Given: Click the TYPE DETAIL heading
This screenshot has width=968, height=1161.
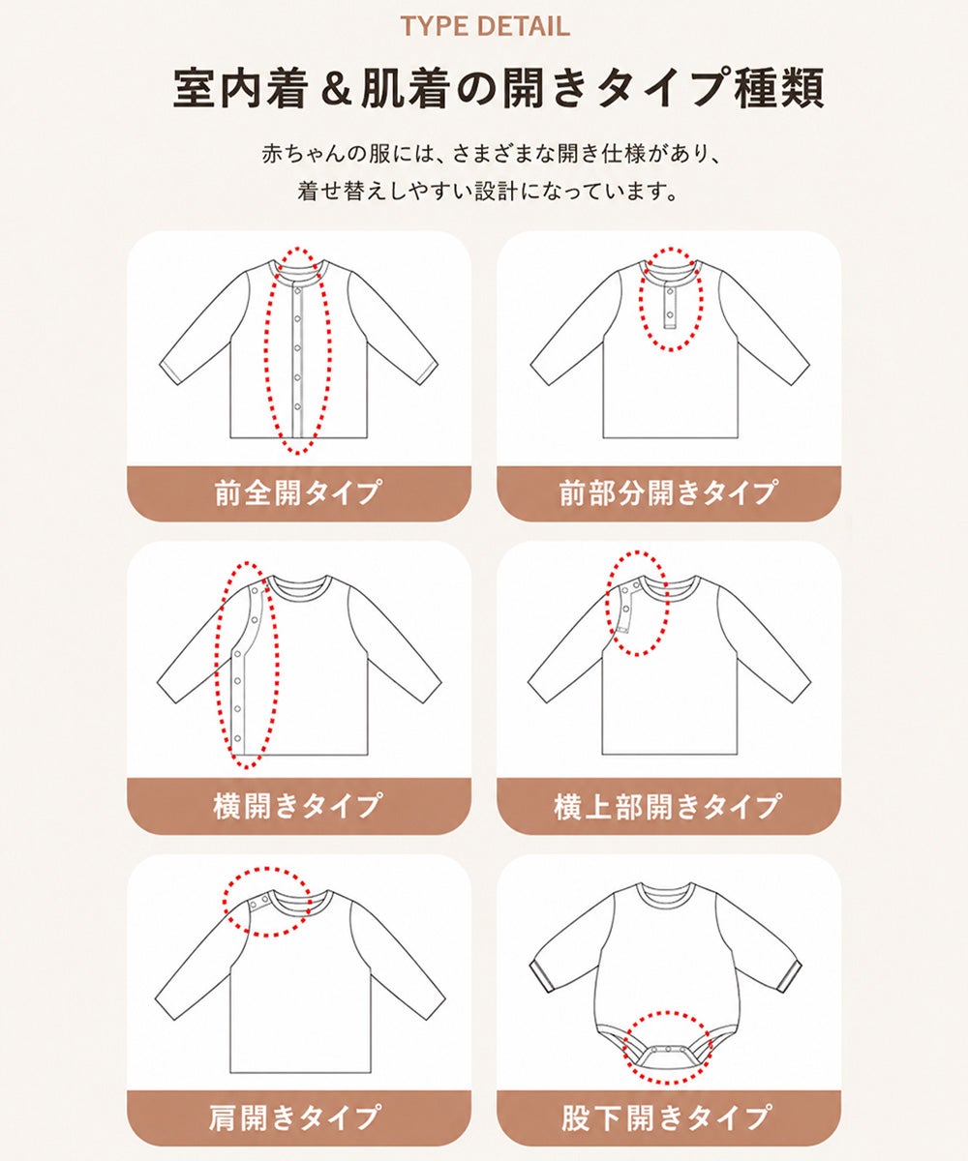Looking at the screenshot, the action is tap(485, 26).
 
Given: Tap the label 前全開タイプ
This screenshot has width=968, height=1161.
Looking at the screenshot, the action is tap(299, 492).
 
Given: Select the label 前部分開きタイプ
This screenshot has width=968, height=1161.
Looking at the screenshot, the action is tap(668, 492).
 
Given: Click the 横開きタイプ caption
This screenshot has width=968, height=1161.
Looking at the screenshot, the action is tap(299, 806).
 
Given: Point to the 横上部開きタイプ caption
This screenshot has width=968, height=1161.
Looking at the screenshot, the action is tap(668, 806).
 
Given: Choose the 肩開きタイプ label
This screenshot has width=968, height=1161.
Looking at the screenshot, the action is tap(296, 1116).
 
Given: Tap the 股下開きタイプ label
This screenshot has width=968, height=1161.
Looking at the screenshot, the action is tap(668, 1116).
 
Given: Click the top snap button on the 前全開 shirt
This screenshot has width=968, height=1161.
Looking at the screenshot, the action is tap(297, 291).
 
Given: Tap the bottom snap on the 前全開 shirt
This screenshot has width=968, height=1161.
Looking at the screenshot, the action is tap(297, 407).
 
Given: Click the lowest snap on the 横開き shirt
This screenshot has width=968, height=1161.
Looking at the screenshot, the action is tap(237, 738).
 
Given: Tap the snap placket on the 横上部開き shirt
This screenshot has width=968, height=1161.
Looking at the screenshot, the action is tap(627, 606).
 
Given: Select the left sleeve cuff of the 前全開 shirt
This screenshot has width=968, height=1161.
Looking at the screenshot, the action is tap(172, 372).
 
